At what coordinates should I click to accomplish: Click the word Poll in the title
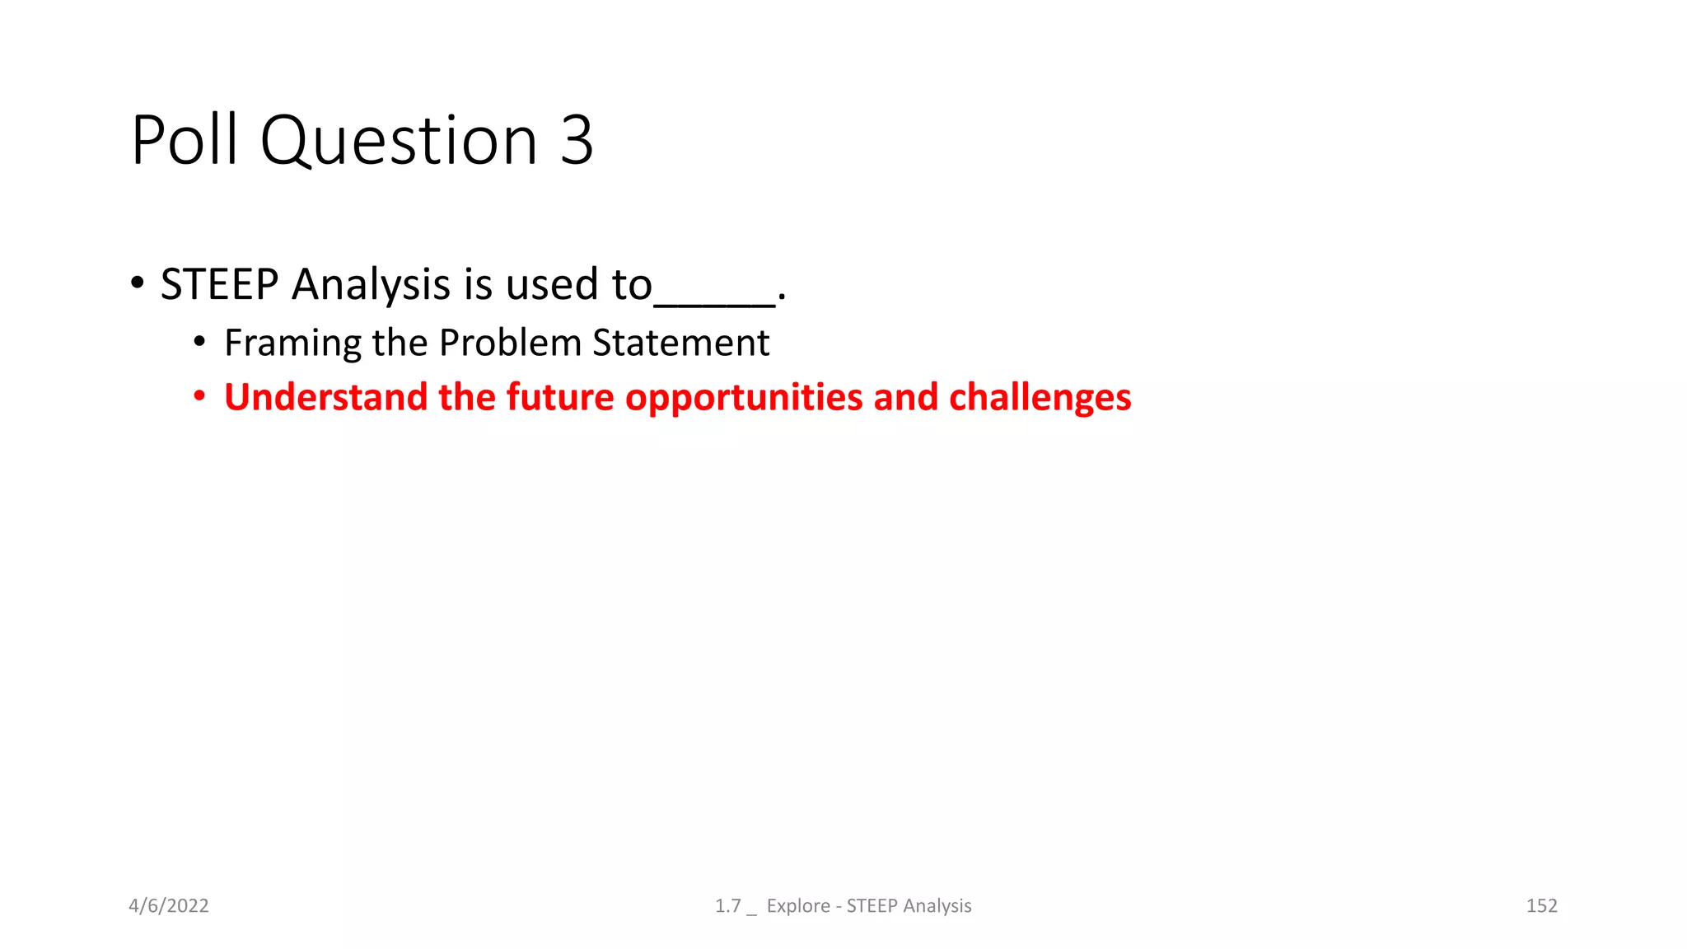184,140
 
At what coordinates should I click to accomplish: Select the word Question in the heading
399,142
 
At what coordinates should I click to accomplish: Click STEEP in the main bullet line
219,284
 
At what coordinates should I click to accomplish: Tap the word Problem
510,343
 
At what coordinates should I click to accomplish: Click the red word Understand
325,397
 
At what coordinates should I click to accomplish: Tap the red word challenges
1040,398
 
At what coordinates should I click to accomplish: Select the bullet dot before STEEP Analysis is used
138,283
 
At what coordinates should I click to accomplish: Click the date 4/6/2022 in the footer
169,906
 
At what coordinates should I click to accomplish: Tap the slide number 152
1541,906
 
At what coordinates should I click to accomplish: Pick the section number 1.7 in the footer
727,906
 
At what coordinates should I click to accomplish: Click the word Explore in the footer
798,906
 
